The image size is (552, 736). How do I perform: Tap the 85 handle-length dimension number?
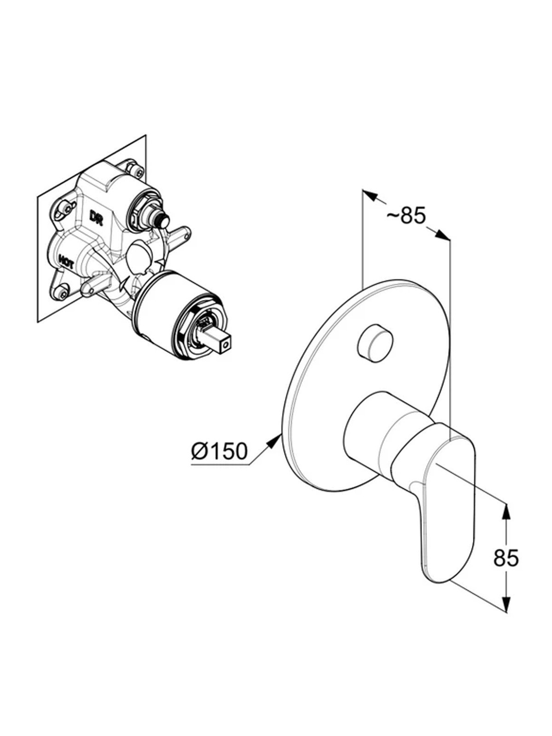pos(506,557)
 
